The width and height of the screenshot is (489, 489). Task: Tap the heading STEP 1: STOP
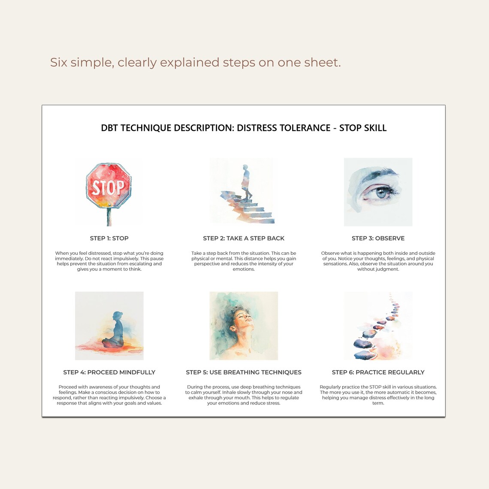[109, 238]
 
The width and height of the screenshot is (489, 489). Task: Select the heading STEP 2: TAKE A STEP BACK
[244, 238]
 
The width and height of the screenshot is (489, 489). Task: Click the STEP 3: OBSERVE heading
[378, 238]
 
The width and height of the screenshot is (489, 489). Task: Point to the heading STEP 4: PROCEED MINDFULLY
[109, 372]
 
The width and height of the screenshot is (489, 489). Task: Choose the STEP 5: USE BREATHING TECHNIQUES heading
[244, 372]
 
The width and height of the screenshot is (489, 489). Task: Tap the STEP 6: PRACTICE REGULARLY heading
[378, 372]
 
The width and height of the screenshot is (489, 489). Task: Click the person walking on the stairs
[246, 182]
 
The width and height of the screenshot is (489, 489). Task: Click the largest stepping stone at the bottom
[364, 355]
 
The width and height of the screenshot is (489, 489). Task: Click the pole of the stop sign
[109, 217]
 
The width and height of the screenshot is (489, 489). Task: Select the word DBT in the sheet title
[109, 128]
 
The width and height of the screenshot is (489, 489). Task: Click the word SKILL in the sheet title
[374, 128]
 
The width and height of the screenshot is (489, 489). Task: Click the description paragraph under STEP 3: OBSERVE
[378, 261]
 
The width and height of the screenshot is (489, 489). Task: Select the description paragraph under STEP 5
[244, 395]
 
